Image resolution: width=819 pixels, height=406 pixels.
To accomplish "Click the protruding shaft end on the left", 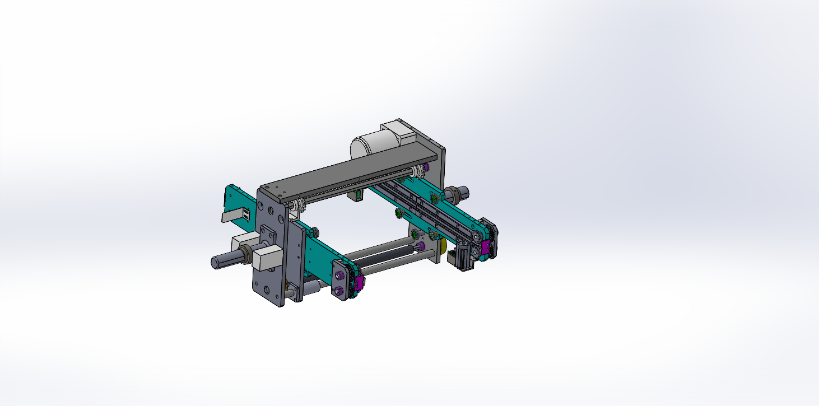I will tap(221, 262).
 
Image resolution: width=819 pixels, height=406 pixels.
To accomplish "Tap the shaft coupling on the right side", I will tap(459, 194).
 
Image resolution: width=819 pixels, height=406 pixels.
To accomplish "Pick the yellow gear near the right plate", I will tap(443, 246).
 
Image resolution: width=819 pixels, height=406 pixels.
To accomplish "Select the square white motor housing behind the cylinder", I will tap(399, 134).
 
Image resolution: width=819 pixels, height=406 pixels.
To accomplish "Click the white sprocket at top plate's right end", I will tap(416, 172).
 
